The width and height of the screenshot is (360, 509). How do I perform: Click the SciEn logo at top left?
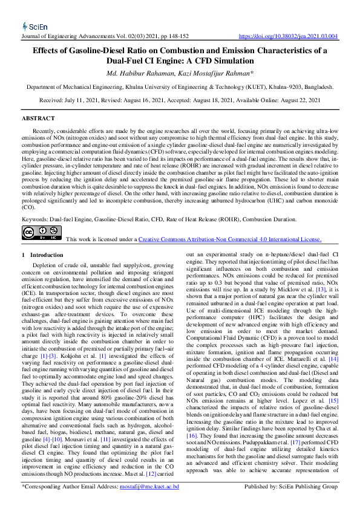pyautogui.click(x=35, y=26)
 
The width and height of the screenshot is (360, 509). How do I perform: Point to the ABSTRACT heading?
pyautogui.click(x=38, y=118)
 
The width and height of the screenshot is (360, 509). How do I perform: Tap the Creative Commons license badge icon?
pyautogui.click(x=42, y=232)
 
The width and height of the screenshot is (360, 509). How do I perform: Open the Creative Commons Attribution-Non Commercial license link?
pyautogui.click(x=230, y=239)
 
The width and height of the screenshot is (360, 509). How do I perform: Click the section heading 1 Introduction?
pyautogui.click(x=42, y=255)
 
